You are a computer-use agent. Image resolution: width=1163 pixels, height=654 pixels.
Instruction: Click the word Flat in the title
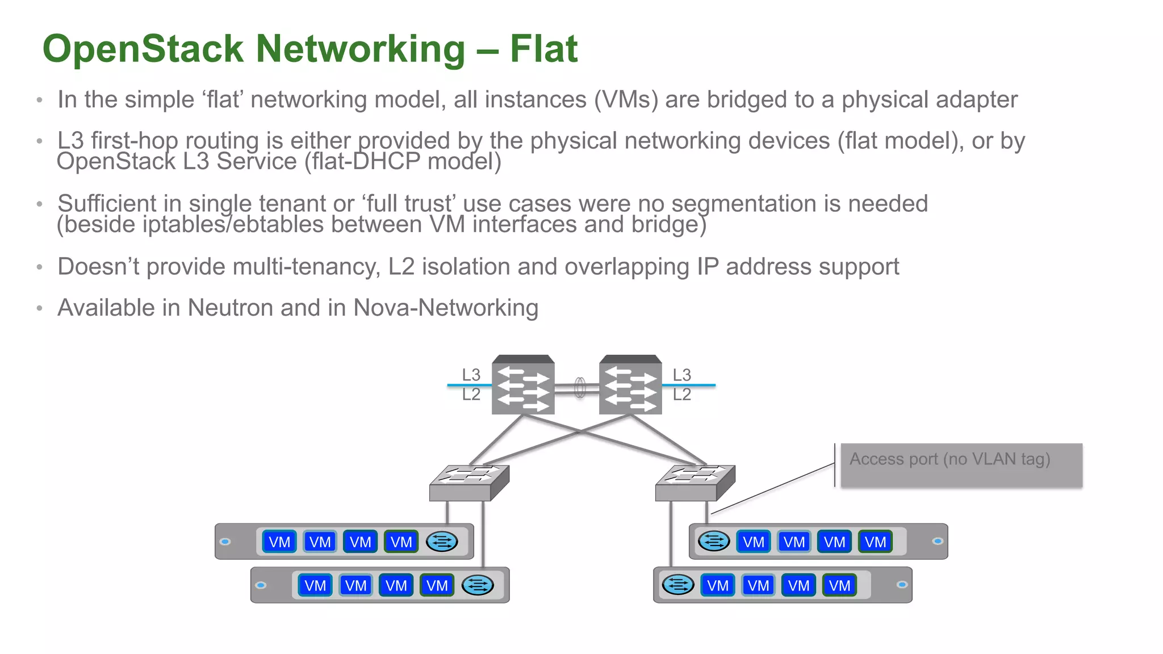(543, 49)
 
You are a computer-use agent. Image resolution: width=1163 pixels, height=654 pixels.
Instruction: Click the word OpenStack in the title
(143, 49)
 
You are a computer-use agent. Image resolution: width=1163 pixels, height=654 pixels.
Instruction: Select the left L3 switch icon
(522, 385)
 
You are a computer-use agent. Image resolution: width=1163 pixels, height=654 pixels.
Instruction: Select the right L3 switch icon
(630, 385)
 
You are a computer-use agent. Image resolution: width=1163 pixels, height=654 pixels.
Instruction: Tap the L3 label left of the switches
(471, 375)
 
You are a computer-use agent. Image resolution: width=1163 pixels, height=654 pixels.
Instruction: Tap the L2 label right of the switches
(681, 394)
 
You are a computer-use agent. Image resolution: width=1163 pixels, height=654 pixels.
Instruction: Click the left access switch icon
(468, 483)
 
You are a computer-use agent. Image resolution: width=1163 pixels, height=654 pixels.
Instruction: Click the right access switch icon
(695, 483)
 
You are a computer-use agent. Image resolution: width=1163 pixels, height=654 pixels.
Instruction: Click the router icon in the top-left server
(441, 542)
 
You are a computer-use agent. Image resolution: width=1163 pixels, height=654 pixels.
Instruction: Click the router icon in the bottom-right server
(678, 585)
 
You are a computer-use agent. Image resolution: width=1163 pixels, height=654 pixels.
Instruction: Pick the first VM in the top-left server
(279, 542)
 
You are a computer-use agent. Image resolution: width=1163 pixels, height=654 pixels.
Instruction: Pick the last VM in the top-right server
(875, 542)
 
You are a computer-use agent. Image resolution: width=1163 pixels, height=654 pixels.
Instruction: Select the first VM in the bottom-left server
(315, 585)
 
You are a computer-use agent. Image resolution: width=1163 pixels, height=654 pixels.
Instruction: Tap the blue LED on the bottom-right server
(902, 585)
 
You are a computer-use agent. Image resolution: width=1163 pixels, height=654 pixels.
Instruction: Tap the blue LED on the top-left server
(225, 542)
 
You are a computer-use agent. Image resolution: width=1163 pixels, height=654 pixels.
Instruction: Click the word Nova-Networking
(445, 308)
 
